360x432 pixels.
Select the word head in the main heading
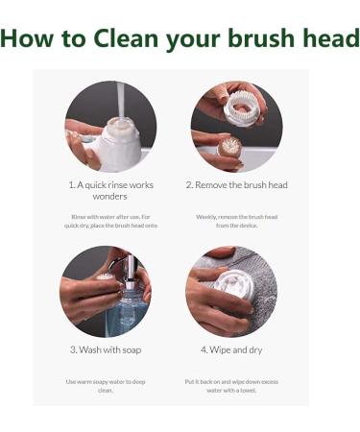click(332, 39)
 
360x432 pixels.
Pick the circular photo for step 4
click(230, 291)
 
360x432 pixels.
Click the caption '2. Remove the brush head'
click(236, 184)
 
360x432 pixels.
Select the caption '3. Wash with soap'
click(106, 349)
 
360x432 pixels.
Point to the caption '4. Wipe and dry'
click(230, 349)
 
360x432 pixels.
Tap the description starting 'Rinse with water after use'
click(110, 221)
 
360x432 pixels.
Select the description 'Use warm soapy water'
click(106, 385)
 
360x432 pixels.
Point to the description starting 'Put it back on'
click(230, 385)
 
